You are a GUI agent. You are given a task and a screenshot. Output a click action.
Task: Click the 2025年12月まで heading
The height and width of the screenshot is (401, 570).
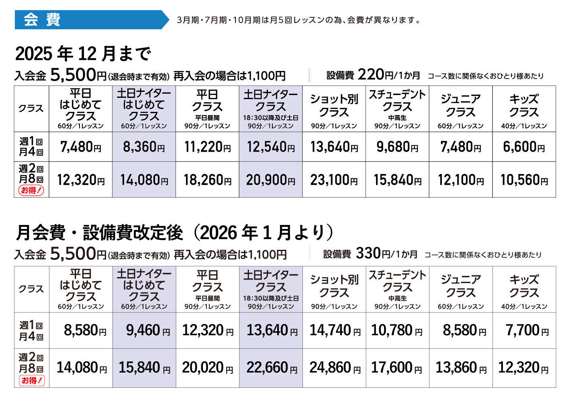(x=83, y=53)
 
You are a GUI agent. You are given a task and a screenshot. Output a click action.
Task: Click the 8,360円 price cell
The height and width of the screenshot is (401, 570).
(x=144, y=147)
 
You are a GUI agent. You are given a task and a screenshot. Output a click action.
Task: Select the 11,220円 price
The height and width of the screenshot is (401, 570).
(x=207, y=147)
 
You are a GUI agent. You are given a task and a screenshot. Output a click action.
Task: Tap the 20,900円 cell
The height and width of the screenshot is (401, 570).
(x=271, y=180)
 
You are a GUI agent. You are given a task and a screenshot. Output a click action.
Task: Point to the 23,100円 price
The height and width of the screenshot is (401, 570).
(x=334, y=180)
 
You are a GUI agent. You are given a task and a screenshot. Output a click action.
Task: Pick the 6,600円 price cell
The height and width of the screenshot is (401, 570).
(x=524, y=147)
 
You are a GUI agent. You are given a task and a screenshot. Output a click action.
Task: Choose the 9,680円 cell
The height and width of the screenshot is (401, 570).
(x=397, y=147)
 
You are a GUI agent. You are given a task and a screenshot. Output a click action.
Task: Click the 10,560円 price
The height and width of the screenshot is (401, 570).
(x=524, y=180)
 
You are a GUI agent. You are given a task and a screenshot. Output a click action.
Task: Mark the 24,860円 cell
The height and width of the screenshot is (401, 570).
(x=334, y=368)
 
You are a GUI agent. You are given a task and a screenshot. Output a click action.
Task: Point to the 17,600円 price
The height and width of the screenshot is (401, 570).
(x=397, y=368)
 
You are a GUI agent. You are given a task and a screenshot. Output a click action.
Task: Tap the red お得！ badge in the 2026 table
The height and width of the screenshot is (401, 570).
(x=31, y=380)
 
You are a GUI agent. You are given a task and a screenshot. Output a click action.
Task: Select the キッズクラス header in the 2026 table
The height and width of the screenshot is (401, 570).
(x=524, y=286)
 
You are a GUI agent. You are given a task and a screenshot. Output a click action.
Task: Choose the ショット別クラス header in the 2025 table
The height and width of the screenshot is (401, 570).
(x=334, y=105)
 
